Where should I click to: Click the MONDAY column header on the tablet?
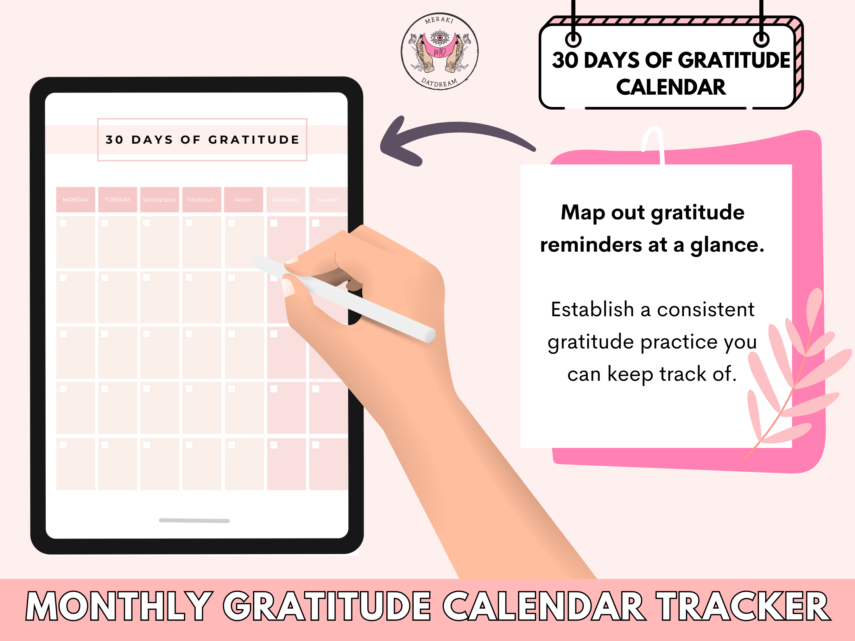coord(75,200)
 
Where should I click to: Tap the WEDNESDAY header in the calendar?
coord(160,200)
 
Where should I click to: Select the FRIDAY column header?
coord(244,200)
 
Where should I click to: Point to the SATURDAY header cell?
coord(286,200)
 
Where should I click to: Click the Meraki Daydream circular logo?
coord(440,51)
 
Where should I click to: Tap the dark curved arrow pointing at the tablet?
coord(456,129)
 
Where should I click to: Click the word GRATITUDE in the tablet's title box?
coord(254,140)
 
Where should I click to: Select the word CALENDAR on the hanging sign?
coord(671,87)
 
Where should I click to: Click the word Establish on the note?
coord(592,310)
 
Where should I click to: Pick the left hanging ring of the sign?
coord(573,39)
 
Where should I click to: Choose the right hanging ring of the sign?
coord(761,39)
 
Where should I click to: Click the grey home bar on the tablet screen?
coord(194,520)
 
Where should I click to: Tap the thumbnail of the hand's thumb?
coord(288,287)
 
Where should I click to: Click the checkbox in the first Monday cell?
coord(63,223)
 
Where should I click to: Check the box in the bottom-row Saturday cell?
coord(274,445)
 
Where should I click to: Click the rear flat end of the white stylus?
coord(430,335)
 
